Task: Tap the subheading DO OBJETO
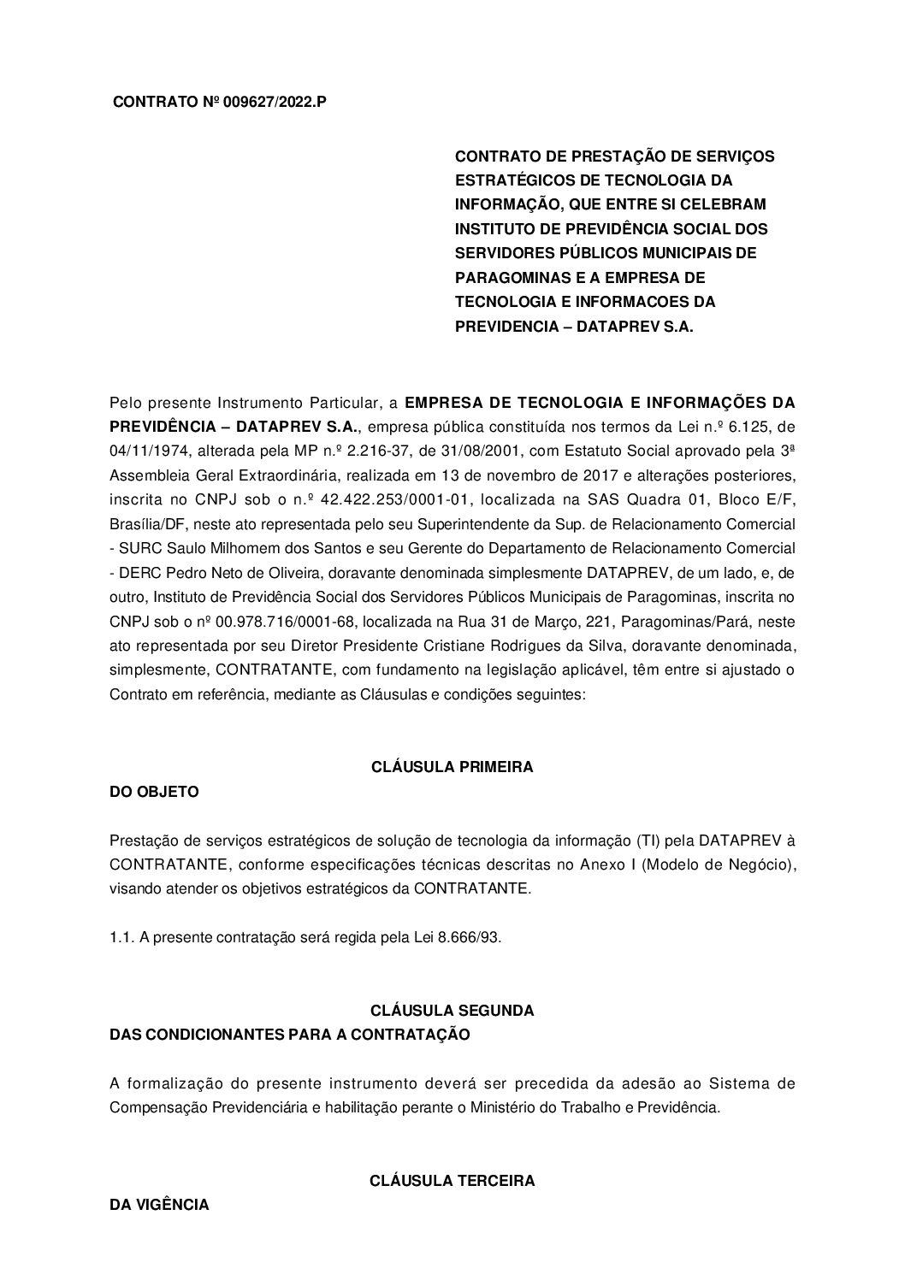(154, 792)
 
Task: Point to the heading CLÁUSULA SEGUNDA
(452, 1010)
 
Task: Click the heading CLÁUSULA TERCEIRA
(452, 1181)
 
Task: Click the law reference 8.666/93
(469, 937)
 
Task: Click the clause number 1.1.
(121, 937)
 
